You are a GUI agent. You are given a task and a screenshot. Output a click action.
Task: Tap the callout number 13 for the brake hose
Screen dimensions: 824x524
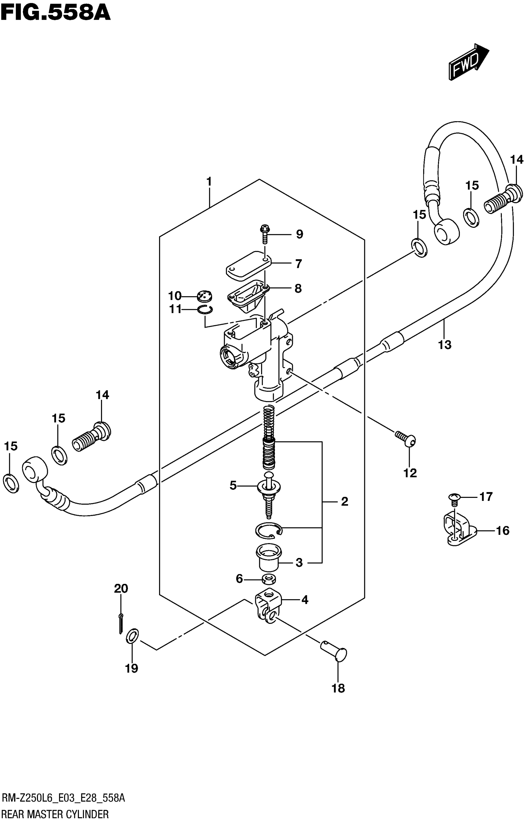444,345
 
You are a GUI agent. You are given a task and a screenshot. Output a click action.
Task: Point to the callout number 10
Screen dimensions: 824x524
174,296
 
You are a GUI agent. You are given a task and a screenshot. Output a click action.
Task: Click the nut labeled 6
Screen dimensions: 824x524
269,579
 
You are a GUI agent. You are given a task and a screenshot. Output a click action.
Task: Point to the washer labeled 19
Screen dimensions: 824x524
133,636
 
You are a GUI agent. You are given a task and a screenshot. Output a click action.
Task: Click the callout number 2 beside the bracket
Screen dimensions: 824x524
344,501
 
